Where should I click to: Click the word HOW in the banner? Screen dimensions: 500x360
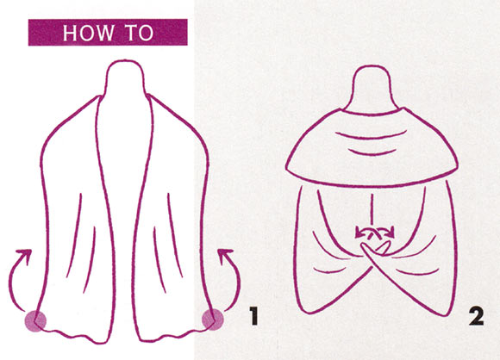click(88, 33)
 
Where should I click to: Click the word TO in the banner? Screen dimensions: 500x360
click(140, 33)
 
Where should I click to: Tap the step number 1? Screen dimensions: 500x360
click(253, 316)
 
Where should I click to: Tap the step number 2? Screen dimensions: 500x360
click(476, 316)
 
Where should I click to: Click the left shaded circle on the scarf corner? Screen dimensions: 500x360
click(35, 321)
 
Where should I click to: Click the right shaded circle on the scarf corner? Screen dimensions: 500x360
click(213, 320)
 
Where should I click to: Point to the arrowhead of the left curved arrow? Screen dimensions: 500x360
click(25, 255)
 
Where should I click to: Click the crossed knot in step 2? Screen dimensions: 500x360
click(375, 249)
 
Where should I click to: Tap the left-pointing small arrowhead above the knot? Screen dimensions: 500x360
click(359, 233)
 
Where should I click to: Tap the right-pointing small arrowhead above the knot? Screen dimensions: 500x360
click(391, 233)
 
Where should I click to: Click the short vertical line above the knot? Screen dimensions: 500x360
click(372, 209)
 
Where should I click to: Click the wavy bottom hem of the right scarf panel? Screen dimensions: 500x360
click(172, 335)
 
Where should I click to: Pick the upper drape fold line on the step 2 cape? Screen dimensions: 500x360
click(372, 136)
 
